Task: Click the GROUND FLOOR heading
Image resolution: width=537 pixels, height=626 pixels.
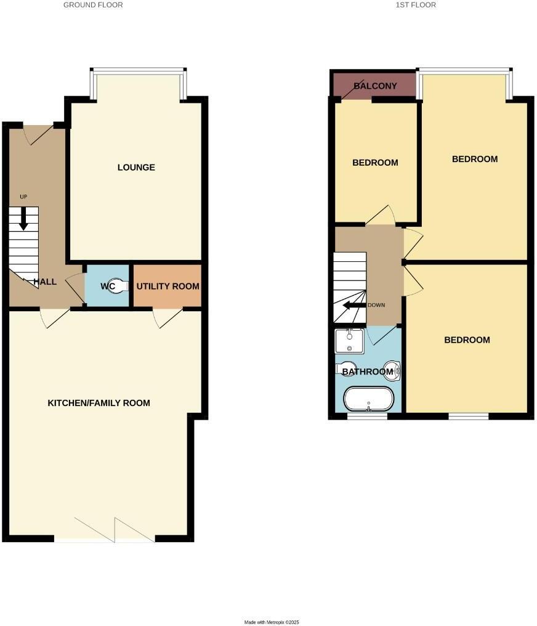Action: [93, 5]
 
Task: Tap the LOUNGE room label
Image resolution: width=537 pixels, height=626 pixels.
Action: [136, 168]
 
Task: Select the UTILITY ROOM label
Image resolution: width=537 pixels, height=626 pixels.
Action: [168, 287]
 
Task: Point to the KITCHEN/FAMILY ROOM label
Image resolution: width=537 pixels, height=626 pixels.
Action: [99, 403]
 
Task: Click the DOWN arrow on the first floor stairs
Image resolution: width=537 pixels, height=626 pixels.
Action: [354, 305]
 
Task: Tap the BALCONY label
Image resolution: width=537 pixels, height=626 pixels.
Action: [375, 86]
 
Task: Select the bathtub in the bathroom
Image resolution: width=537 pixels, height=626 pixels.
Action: [368, 399]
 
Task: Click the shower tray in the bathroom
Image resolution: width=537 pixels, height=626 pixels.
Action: [349, 341]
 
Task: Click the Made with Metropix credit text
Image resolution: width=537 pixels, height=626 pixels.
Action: [271, 622]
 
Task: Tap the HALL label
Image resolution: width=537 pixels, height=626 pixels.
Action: [45, 282]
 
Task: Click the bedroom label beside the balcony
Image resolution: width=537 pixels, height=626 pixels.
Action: [375, 163]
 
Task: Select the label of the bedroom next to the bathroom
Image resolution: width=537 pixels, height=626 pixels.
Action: [467, 340]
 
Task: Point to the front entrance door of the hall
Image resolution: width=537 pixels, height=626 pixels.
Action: [38, 134]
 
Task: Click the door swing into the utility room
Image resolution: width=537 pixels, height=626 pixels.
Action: [166, 318]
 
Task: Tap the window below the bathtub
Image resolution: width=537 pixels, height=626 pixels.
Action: [368, 417]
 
